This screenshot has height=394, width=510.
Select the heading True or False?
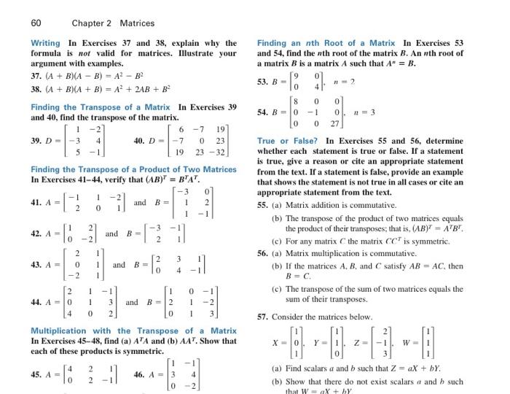pos(289,141)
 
